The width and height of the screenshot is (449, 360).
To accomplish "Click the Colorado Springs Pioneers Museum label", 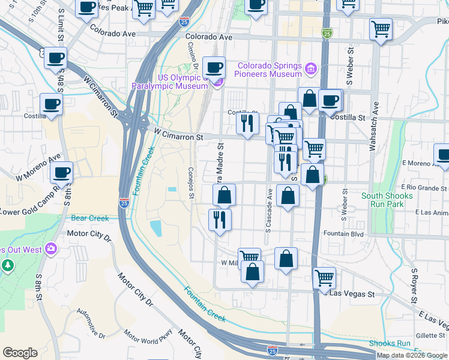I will coord(269,70).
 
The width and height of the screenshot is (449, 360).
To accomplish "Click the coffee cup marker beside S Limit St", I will coord(55,59).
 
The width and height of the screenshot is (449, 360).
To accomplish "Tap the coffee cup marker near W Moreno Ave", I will coord(61,173).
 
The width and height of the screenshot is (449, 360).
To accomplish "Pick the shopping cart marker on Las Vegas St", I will coord(324,278).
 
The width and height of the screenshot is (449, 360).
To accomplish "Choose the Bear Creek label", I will coord(90,218).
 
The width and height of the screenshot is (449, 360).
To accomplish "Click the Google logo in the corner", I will coord(20,353).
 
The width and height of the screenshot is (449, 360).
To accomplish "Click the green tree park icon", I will coord(7,265).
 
